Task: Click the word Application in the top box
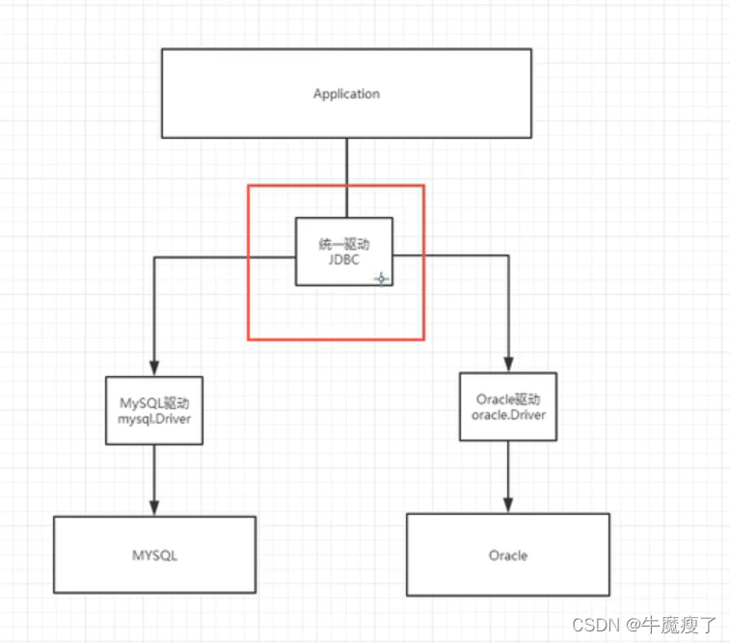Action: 346,94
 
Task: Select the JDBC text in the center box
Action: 344,259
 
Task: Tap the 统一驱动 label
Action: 344,244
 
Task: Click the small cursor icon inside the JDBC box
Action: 381,279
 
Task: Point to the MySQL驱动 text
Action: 154,402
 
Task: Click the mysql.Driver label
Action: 154,417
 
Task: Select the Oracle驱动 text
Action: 508,399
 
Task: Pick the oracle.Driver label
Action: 508,415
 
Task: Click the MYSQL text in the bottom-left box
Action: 154,556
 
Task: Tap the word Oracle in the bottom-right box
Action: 507,555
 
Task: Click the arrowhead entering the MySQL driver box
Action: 154,368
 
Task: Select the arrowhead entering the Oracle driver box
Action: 508,364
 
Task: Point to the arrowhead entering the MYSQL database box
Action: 154,508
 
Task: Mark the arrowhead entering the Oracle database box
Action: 508,504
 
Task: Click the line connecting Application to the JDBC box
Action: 346,177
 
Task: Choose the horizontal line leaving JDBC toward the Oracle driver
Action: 453,255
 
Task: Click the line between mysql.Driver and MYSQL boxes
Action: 154,477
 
